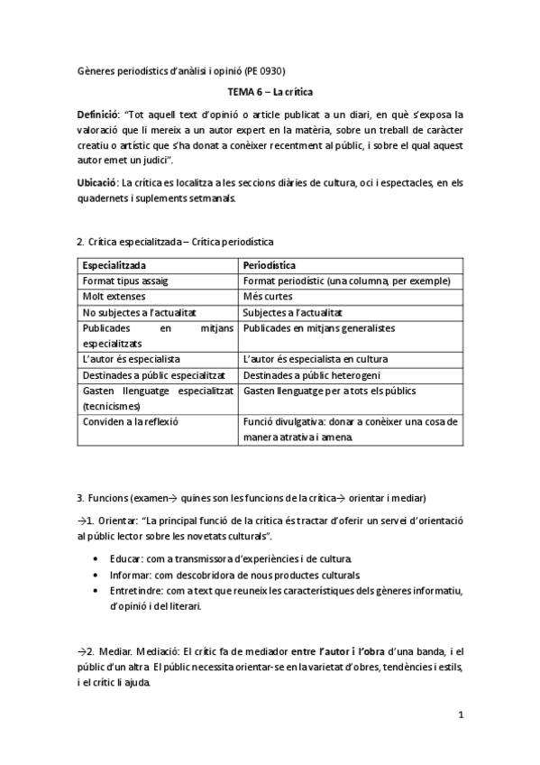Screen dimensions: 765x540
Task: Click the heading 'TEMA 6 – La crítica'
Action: [270, 92]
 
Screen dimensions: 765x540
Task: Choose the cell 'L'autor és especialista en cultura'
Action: [312, 358]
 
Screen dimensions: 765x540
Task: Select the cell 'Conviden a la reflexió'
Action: [131, 421]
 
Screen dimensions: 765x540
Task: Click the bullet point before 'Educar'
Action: [96, 559]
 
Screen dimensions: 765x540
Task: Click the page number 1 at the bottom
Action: [460, 715]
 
